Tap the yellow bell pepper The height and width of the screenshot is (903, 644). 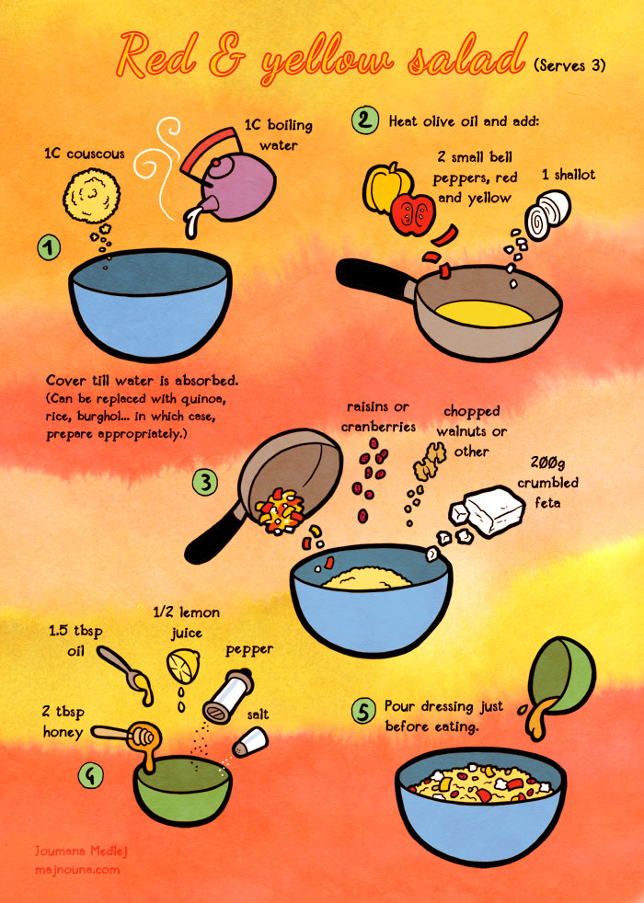coord(385,187)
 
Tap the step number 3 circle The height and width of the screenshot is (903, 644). coord(204,482)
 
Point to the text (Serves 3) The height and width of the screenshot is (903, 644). coord(569,65)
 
